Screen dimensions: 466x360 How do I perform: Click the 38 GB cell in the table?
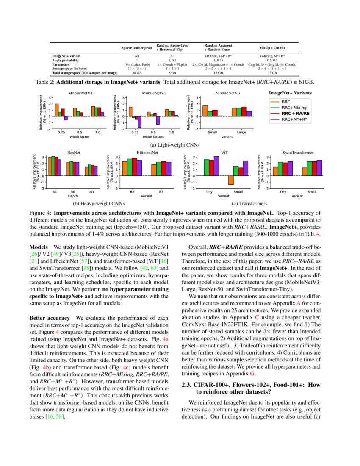tap(137, 73)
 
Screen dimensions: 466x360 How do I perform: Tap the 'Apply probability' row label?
tap(66, 60)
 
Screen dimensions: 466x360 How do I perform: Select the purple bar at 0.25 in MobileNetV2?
tap(140, 122)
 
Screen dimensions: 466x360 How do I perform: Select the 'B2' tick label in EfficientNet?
tap(132, 192)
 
